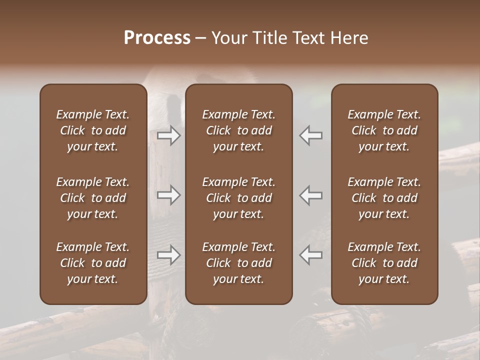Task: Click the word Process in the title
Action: (157, 38)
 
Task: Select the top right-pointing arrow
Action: (169, 136)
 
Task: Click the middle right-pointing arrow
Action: (169, 195)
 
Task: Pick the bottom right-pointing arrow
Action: (169, 255)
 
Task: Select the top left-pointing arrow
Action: (311, 136)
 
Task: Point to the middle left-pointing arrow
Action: (311, 195)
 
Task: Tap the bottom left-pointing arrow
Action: (311, 255)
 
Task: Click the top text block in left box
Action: (93, 130)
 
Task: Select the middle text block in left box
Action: (93, 198)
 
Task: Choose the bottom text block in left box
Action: (93, 263)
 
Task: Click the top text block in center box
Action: (239, 130)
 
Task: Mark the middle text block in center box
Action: (239, 198)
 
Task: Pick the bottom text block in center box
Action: (239, 263)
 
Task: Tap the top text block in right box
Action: (384, 130)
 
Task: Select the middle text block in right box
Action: (384, 198)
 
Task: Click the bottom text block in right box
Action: (384, 263)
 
